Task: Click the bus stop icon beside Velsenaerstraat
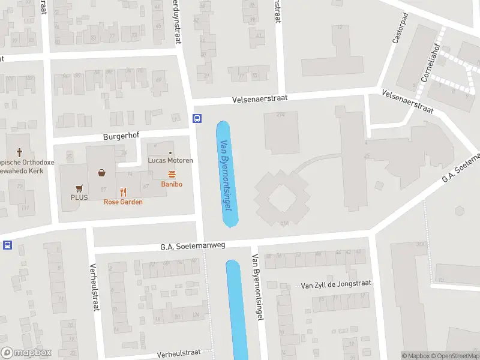tap(197, 118)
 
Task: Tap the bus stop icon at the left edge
tap(7, 245)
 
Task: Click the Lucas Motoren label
tap(171, 160)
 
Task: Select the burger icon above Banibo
tap(172, 174)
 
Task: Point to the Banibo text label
tap(172, 184)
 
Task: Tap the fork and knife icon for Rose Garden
tap(124, 192)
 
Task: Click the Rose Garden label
tap(124, 202)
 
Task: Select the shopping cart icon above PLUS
tap(79, 187)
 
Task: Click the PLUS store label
tap(79, 197)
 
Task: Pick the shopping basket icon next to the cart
tap(102, 173)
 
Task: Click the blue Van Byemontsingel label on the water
tap(226, 174)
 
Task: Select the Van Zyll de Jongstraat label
tap(336, 284)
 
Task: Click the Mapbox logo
tap(26, 353)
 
